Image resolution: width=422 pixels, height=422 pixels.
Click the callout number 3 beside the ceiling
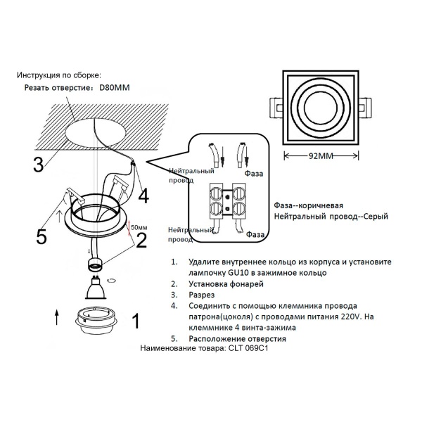coord(39,163)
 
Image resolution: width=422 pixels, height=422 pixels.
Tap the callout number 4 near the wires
coord(143,194)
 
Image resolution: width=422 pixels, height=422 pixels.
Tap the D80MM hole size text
coord(115,88)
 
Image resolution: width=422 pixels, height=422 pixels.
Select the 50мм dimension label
coord(139,228)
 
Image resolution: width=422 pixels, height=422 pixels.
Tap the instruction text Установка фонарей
coord(226,283)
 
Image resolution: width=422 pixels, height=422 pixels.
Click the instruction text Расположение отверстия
coord(247,338)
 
